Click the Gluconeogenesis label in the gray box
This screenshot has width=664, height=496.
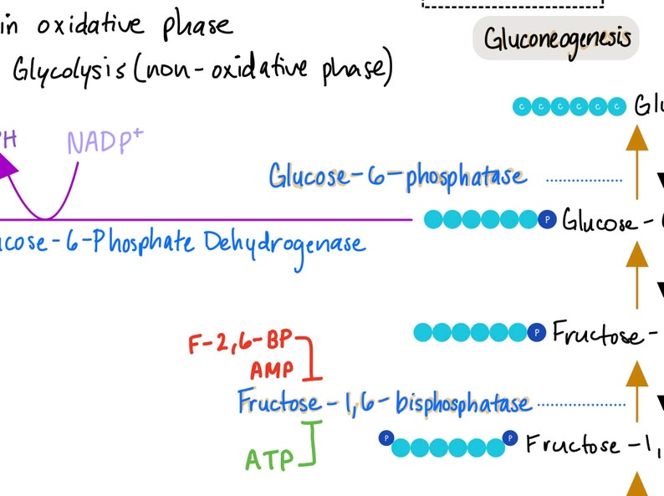coord(556,39)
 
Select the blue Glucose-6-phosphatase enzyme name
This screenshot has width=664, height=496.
coord(397,176)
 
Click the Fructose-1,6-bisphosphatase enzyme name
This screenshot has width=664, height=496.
coord(384,403)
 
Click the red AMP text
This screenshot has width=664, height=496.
coord(273,371)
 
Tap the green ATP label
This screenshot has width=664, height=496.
coord(269,459)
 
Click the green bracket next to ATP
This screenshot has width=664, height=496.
coord(313,442)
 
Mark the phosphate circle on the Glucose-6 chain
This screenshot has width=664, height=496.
coord(547,220)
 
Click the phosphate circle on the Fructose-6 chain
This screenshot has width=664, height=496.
coord(537,333)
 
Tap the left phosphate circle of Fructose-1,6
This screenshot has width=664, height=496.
coord(386,437)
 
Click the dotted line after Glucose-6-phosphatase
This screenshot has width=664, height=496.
coord(584,179)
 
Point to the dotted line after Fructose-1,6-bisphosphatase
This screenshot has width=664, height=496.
coord(580,405)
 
